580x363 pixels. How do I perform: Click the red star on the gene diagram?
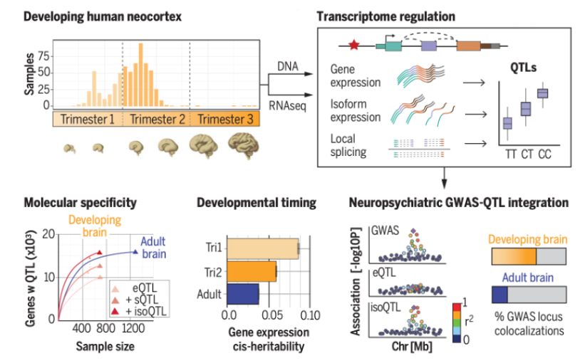[x=354, y=46]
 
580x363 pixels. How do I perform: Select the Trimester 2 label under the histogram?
[x=157, y=120]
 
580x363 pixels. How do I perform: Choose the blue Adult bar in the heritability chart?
[x=242, y=294]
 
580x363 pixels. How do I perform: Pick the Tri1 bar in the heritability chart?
[x=261, y=248]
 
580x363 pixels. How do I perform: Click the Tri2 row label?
[x=212, y=271]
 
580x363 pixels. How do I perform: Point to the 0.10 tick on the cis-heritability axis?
[x=309, y=314]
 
